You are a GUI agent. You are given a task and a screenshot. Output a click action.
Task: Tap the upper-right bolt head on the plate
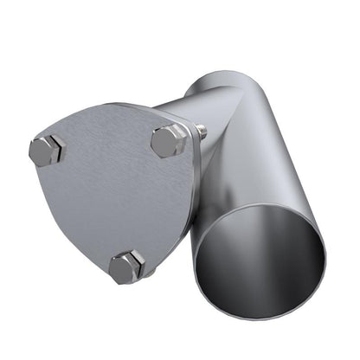pyautogui.click(x=169, y=140)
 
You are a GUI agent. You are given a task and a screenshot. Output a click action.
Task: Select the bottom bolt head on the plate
pyautogui.click(x=127, y=267)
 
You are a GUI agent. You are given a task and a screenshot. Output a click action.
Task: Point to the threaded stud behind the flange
pyautogui.click(x=201, y=131)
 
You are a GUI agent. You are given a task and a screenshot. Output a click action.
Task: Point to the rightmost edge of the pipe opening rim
pyautogui.click(x=326, y=255)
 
